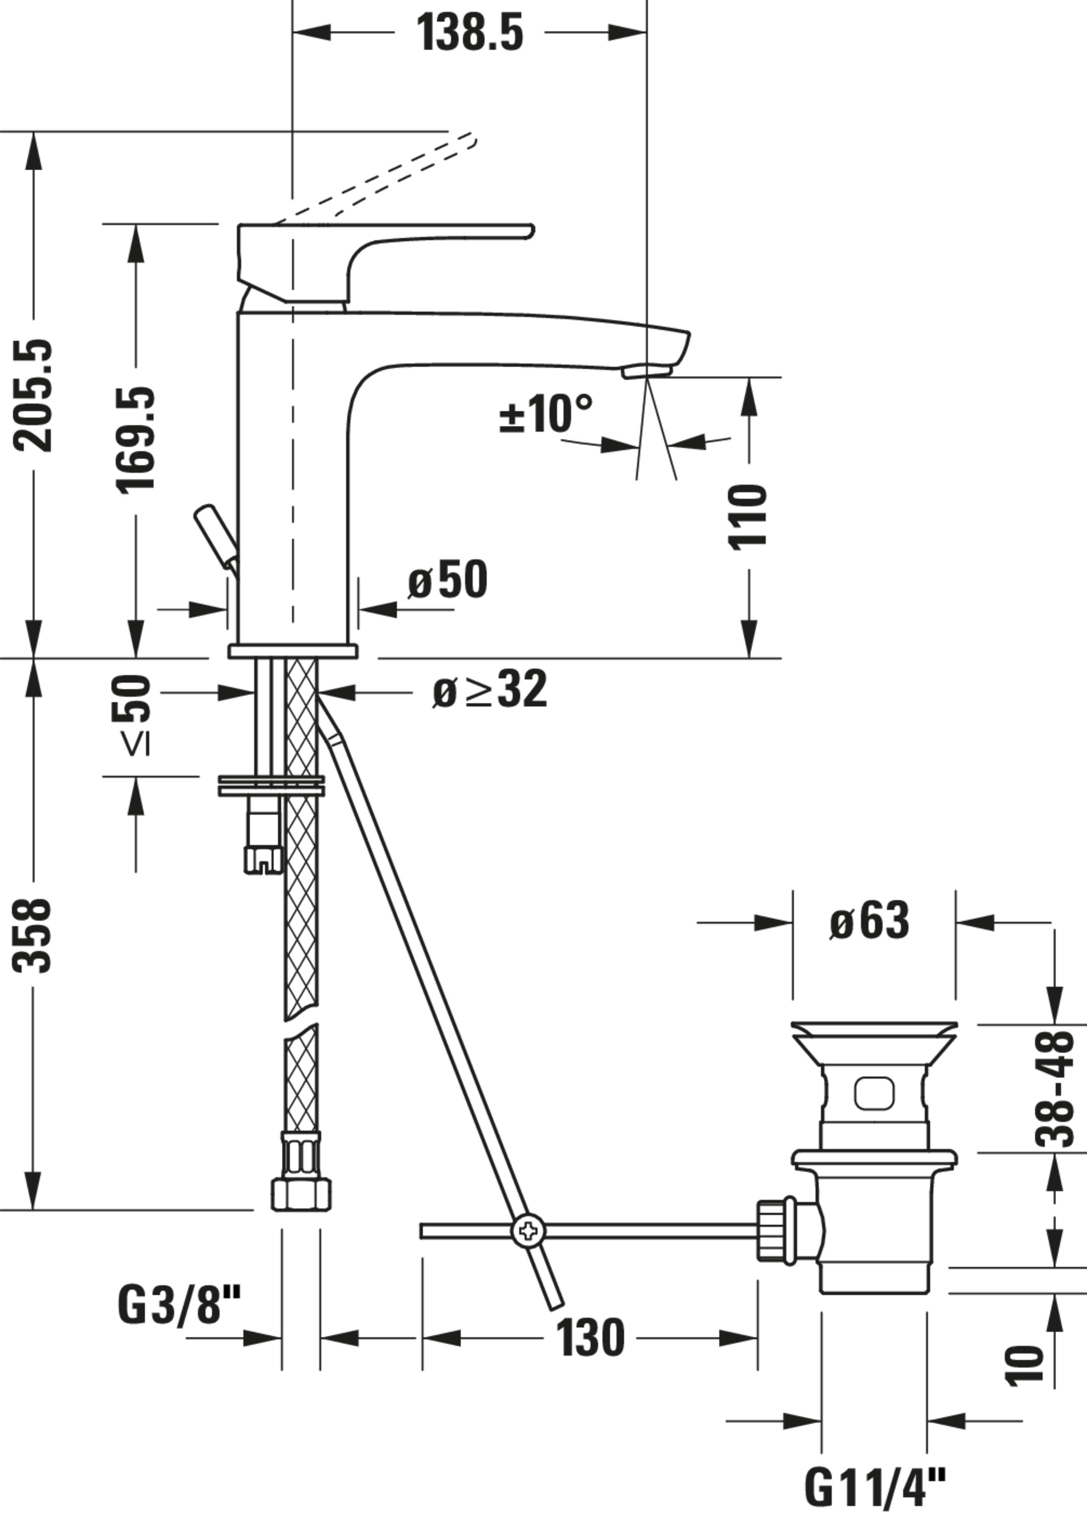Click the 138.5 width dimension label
(469, 32)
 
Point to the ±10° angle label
(545, 414)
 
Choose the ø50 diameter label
(448, 580)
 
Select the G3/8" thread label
(179, 1305)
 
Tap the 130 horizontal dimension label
(590, 1338)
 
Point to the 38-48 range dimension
(1054, 1090)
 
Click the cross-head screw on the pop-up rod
(529, 1230)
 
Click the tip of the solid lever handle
(530, 231)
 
